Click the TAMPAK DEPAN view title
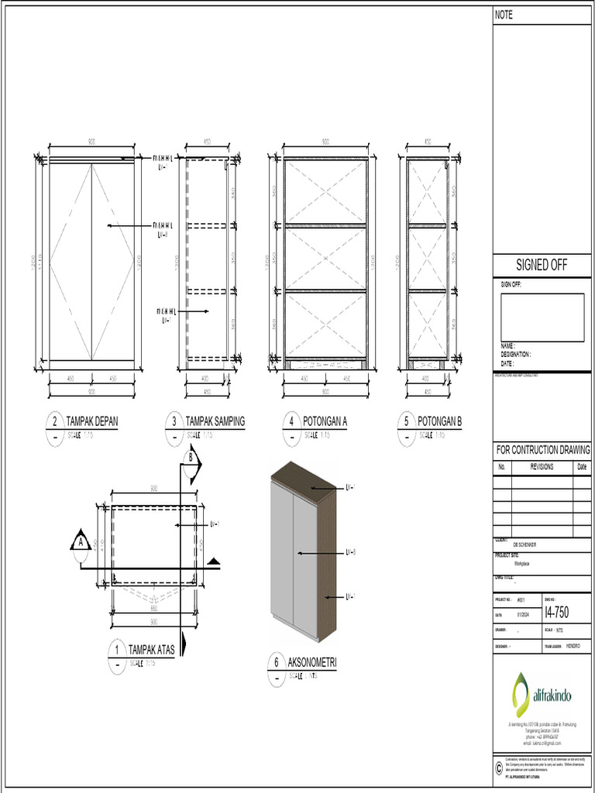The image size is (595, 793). [x=92, y=421]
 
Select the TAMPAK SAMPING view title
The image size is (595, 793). [x=215, y=421]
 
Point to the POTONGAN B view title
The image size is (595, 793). [x=439, y=421]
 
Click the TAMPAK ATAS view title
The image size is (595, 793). [x=150, y=649]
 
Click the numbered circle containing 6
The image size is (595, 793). [x=276, y=662]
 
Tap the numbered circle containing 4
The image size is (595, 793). [x=291, y=422]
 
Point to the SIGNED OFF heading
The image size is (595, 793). [x=542, y=266]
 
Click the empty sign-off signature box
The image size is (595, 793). [x=542, y=318]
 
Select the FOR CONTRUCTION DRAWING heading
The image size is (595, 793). [x=542, y=450]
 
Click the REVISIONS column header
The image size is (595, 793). [x=542, y=467]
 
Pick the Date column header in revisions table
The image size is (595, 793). [x=582, y=467]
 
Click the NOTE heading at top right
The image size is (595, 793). [x=504, y=15]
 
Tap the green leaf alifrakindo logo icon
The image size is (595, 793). [x=520, y=693]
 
